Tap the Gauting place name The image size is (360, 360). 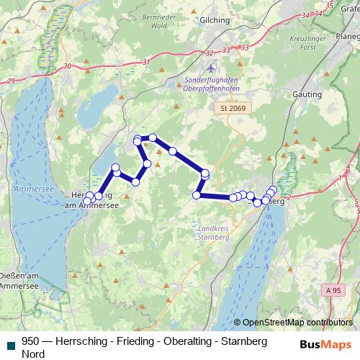click(307, 94)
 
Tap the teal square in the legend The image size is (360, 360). click(9, 342)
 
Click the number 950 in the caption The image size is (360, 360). click(31, 341)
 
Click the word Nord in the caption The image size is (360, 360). click(33, 354)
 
